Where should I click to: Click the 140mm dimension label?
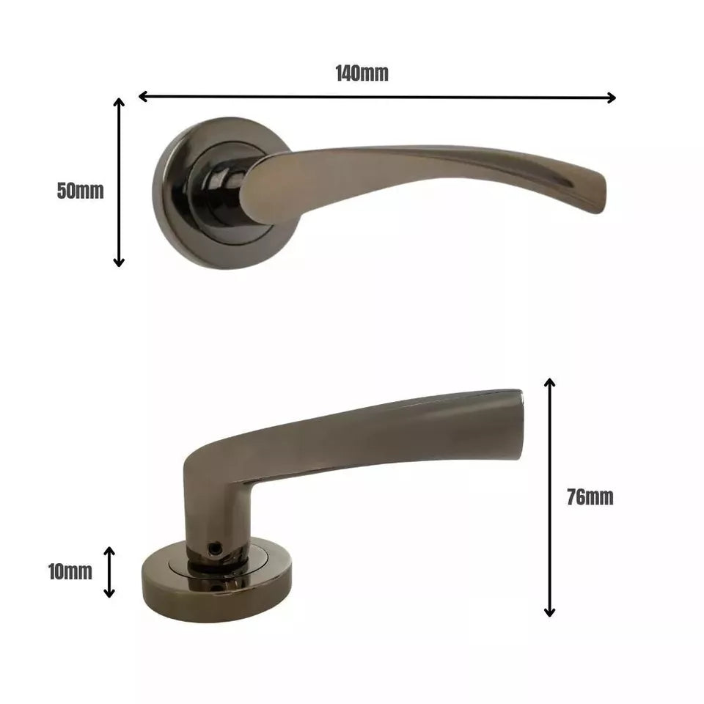click(362, 73)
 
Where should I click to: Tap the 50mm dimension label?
click(81, 191)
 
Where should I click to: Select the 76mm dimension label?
click(590, 497)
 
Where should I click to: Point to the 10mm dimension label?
click(70, 572)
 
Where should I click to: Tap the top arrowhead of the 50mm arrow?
click(119, 103)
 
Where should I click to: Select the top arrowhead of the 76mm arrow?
click(549, 384)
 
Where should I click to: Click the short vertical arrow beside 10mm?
click(109, 572)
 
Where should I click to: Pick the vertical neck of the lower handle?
click(213, 513)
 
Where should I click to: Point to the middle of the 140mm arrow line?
click(377, 97)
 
